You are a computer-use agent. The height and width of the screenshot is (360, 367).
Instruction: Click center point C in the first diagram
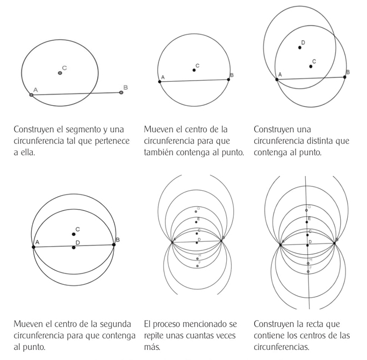[60, 73]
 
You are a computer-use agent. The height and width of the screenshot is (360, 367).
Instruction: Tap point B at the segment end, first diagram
[121, 92]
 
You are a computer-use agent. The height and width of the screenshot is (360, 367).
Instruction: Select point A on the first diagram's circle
[31, 95]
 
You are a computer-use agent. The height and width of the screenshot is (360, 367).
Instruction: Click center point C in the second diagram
[194, 70]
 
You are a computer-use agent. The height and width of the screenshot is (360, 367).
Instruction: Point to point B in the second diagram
[229, 80]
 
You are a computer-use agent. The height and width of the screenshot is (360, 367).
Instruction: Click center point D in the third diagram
[300, 48]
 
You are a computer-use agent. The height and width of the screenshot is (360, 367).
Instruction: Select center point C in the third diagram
[311, 67]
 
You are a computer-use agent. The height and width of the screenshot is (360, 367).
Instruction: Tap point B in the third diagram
[344, 77]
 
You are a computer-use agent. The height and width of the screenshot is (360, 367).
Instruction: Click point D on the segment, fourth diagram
[74, 248]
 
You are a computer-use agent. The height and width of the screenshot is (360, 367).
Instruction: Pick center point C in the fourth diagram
[74, 234]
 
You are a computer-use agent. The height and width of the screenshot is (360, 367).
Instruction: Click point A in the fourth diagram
[33, 247]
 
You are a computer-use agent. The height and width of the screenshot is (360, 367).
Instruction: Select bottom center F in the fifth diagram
[198, 266]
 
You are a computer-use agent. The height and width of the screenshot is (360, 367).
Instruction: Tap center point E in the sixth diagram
[307, 222]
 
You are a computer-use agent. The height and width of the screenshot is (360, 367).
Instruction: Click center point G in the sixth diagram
[306, 210]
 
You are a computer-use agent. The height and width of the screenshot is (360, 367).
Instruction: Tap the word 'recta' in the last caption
[314, 324]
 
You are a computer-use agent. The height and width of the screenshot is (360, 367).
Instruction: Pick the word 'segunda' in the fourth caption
[115, 324]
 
